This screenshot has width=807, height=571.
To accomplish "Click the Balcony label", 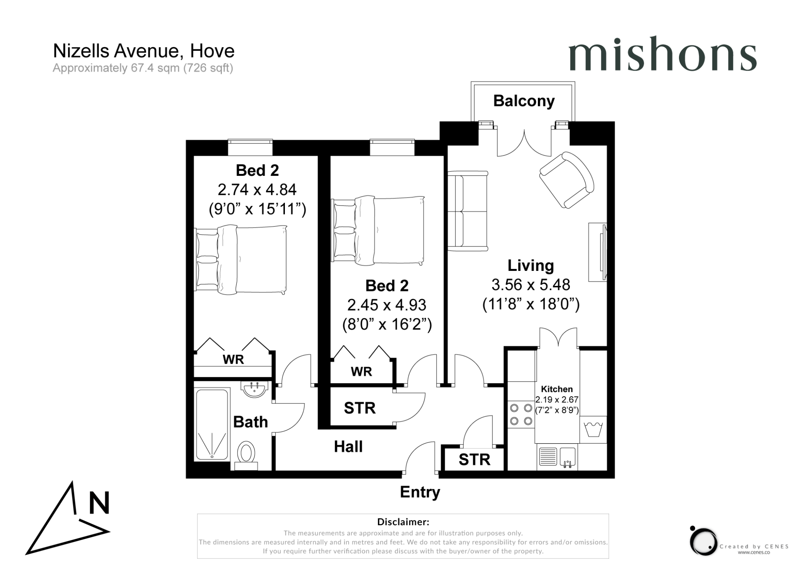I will (524, 101).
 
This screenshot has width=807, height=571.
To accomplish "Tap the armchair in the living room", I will (567, 180).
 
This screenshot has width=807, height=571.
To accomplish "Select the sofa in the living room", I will (467, 211).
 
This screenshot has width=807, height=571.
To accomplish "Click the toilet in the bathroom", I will (246, 453).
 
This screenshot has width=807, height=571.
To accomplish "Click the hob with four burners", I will (521, 414).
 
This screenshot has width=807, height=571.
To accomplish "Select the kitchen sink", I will (567, 457).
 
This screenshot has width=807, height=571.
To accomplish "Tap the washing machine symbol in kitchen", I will (593, 430).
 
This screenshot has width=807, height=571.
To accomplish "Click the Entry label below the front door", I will (420, 492).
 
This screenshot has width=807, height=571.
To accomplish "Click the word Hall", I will (348, 447).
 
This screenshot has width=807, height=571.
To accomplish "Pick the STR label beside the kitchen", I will (474, 460).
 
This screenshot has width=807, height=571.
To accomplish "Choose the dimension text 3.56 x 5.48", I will (531, 285).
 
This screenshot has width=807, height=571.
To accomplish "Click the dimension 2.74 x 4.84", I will (257, 190).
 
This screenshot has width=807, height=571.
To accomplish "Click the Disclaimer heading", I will (403, 522).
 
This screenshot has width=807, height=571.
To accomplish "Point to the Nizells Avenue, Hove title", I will (144, 51).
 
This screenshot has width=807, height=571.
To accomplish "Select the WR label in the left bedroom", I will (233, 359).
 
